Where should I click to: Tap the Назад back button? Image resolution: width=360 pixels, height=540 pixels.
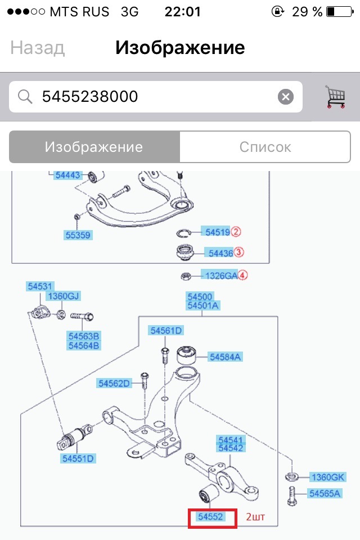tap(37, 48)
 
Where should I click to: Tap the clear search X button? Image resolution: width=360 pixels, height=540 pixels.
tap(286, 97)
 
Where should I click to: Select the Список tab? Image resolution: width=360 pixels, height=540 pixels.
tap(265, 147)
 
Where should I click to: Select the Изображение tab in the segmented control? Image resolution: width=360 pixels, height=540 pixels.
tap(94, 147)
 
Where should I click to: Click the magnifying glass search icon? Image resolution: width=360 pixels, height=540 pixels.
tap(25, 97)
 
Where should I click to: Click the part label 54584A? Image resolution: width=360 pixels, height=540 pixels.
tap(225, 357)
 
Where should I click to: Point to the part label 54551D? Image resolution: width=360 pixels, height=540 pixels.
tap(79, 458)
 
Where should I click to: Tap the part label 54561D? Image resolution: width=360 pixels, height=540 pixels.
tap(166, 331)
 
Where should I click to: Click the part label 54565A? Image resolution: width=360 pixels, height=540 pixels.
tap(325, 493)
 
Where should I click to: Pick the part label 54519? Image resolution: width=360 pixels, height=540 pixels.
tap(217, 232)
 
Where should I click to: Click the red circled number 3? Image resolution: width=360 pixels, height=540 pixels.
tap(238, 253)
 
